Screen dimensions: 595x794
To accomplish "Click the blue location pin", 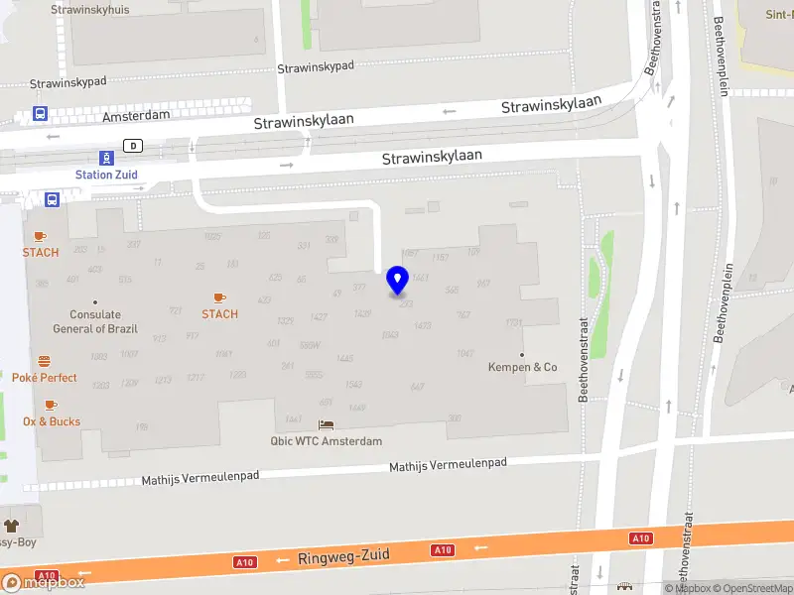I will [398, 281].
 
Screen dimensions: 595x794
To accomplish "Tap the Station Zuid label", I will [106, 175].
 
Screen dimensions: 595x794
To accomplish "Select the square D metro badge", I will [132, 146].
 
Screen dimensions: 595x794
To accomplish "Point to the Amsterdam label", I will [137, 115].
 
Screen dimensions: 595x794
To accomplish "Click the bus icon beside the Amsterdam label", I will [41, 115].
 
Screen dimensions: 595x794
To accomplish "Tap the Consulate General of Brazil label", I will [95, 322].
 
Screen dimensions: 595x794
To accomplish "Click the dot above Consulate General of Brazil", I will [95, 302].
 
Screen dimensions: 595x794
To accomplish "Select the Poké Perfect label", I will [45, 378].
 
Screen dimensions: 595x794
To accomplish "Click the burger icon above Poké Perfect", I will [45, 361].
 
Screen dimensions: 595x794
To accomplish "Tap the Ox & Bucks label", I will [52, 421].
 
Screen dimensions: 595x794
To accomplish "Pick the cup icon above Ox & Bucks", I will [51, 405].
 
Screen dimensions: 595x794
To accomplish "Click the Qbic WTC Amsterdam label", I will [326, 441].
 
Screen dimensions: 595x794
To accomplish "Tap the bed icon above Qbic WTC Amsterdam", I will [326, 425].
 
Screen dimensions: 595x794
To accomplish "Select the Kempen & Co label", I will [523, 367].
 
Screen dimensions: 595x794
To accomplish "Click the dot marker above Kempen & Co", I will [522, 354].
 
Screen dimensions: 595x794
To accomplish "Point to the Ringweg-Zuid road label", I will [343, 558].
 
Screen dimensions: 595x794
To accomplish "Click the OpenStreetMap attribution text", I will [753, 588].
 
